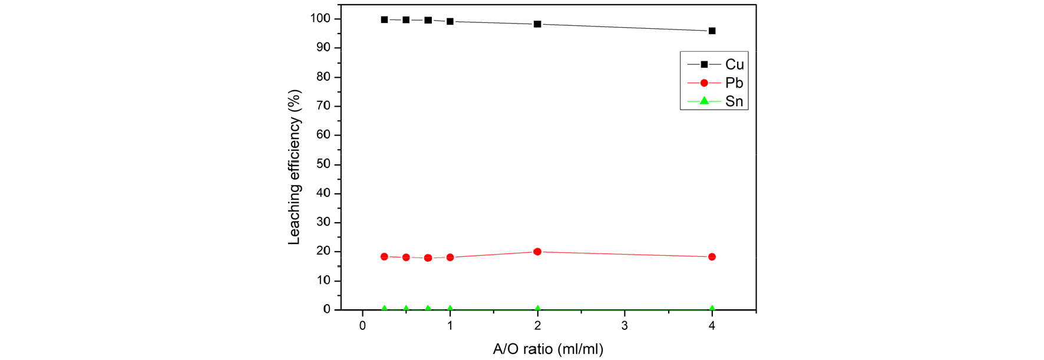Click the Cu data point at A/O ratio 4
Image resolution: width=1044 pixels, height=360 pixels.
click(x=712, y=31)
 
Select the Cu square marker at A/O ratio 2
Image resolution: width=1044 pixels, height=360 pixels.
click(x=537, y=24)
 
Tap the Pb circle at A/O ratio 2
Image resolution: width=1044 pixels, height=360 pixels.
click(x=537, y=252)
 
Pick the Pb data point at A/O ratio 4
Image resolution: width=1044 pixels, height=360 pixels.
click(x=712, y=257)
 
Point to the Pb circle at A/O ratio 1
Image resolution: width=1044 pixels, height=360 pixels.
click(x=450, y=257)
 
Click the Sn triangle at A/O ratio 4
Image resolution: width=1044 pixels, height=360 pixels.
click(x=712, y=308)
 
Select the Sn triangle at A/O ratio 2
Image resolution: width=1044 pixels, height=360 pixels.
click(x=537, y=308)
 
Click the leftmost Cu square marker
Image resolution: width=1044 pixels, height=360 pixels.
click(x=385, y=19)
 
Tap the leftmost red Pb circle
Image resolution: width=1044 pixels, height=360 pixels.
click(x=385, y=257)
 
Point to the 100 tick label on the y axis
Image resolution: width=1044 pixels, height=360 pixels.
click(x=320, y=19)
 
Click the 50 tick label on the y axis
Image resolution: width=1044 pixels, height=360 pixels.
click(x=323, y=164)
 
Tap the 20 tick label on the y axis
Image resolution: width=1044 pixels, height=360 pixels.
click(x=323, y=252)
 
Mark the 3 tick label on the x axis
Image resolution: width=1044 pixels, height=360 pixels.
click(x=625, y=326)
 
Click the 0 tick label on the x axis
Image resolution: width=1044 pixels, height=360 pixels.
click(x=363, y=326)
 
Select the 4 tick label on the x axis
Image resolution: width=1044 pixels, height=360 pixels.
click(x=712, y=326)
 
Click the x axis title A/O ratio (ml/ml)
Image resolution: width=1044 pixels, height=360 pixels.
click(x=548, y=349)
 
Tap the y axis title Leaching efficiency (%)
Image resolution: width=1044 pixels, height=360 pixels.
click(x=294, y=167)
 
